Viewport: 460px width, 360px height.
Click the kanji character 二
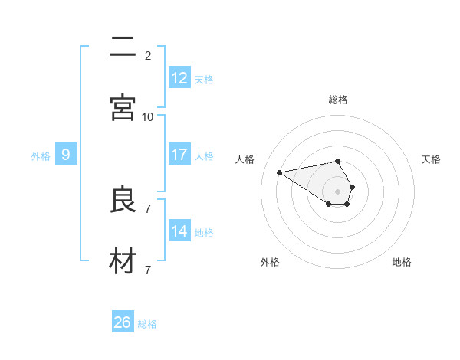coord(123,47)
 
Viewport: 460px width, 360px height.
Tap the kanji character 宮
coord(123,108)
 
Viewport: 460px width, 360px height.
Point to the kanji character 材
coord(123,261)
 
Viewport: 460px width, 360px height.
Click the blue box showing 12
coord(179,77)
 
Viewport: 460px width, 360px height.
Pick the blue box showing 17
coord(179,155)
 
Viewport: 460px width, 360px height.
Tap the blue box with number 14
coord(179,231)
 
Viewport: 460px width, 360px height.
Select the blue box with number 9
coord(66,155)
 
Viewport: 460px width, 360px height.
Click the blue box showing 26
coord(123,322)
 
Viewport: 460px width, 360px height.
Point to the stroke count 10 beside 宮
coord(148,116)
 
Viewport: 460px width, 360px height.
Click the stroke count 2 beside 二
coord(148,55)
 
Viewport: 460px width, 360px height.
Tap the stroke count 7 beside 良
coord(148,208)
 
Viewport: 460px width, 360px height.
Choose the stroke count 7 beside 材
coord(148,270)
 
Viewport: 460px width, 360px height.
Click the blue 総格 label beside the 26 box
coord(147,324)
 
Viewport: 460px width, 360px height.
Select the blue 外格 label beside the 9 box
coord(41,156)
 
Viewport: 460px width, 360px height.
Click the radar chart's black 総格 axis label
coord(338,100)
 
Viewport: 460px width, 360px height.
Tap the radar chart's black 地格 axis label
coord(402,262)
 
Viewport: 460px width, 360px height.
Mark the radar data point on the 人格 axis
coord(280,172)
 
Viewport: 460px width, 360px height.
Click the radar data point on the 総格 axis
coord(338,161)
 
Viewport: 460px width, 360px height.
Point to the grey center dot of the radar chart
coord(338,191)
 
